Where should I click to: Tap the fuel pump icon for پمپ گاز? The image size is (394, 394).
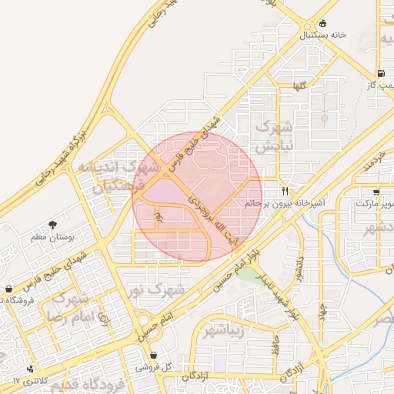pos(381,73)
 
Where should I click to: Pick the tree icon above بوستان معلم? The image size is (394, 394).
pos(52,225)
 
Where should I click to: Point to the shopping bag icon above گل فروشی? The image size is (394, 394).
pos(155,355)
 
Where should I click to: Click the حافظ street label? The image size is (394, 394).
pos(274,342)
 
